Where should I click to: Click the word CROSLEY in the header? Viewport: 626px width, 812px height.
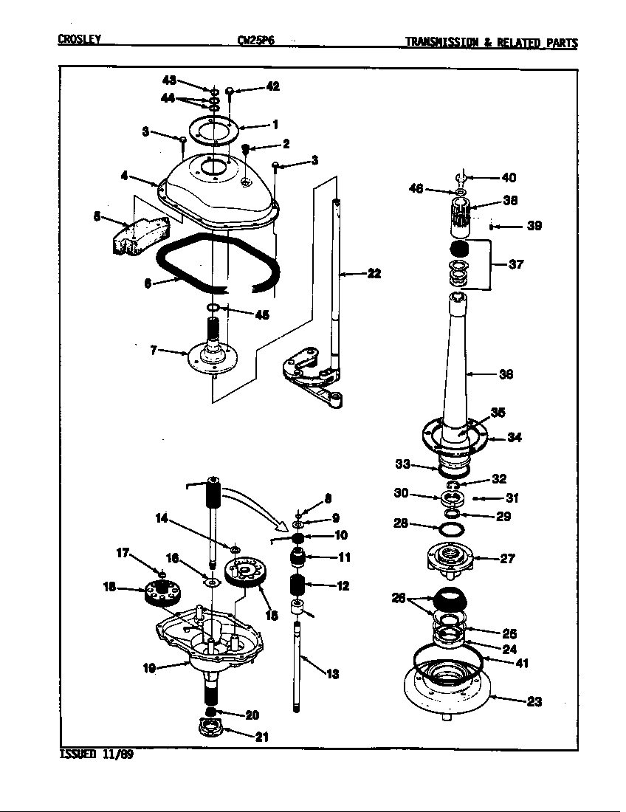pos(79,41)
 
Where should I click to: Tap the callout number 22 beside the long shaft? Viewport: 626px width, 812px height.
pos(374,274)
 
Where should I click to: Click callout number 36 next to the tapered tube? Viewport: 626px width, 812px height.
pos(506,374)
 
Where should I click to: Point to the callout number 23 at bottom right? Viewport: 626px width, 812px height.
pos(533,701)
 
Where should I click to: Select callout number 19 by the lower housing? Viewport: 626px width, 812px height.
pos(148,669)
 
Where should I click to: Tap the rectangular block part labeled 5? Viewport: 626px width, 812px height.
pos(138,236)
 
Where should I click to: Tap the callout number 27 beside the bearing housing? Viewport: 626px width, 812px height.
pos(507,559)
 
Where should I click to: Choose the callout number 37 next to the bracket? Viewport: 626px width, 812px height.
pos(516,264)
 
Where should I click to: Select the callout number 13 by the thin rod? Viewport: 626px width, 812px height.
pos(333,674)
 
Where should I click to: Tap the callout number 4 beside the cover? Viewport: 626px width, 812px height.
pos(125,176)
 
